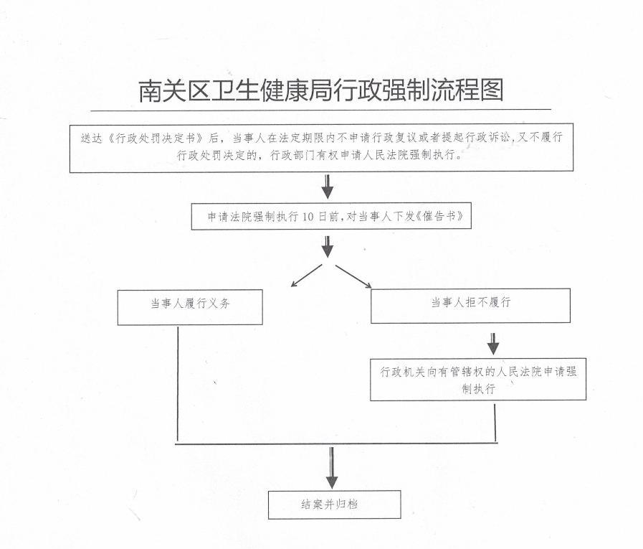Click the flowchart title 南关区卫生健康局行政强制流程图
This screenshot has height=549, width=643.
coord(321,91)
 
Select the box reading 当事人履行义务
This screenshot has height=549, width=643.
coord(190,304)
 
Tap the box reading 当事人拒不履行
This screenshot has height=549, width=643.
coord(470,304)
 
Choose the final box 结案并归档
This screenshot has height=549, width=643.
coord(334,504)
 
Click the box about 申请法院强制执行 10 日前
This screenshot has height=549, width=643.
coord(332,216)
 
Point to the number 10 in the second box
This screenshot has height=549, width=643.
coord(309,216)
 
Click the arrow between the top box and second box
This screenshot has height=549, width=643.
coord(328,187)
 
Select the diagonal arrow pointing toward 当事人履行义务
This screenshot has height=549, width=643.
coord(305,276)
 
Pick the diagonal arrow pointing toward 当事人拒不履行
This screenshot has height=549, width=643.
coord(353,276)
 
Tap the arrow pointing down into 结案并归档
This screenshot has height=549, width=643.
coord(331,467)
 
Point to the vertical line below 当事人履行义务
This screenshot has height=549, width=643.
coord(177,384)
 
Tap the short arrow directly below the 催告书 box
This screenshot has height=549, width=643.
coord(328,246)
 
